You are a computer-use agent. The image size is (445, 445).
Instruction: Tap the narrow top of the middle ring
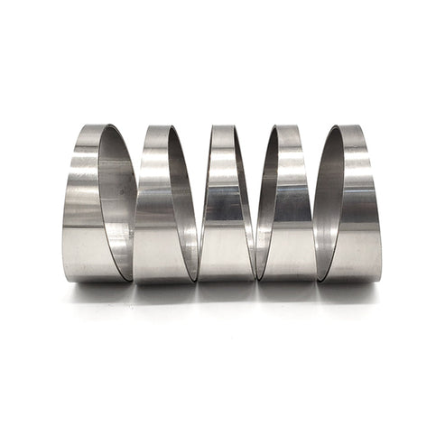222,135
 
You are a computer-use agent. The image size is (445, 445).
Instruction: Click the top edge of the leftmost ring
95,126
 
